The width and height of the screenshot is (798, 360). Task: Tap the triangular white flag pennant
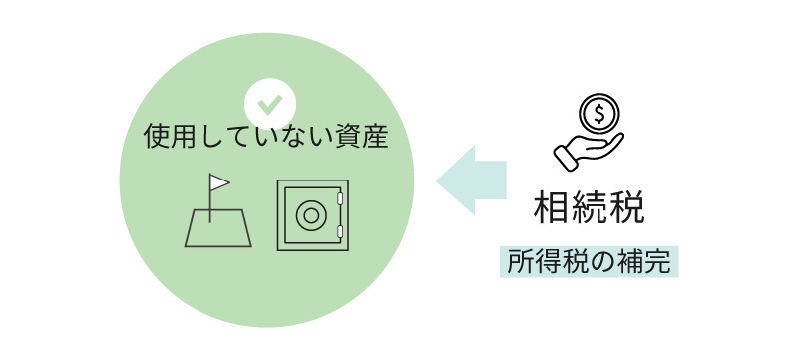coord(218,183)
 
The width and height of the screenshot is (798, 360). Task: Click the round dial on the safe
coord(310,216)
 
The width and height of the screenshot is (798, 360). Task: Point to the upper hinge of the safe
coord(341,199)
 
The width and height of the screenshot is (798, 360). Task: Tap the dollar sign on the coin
coord(598,113)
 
